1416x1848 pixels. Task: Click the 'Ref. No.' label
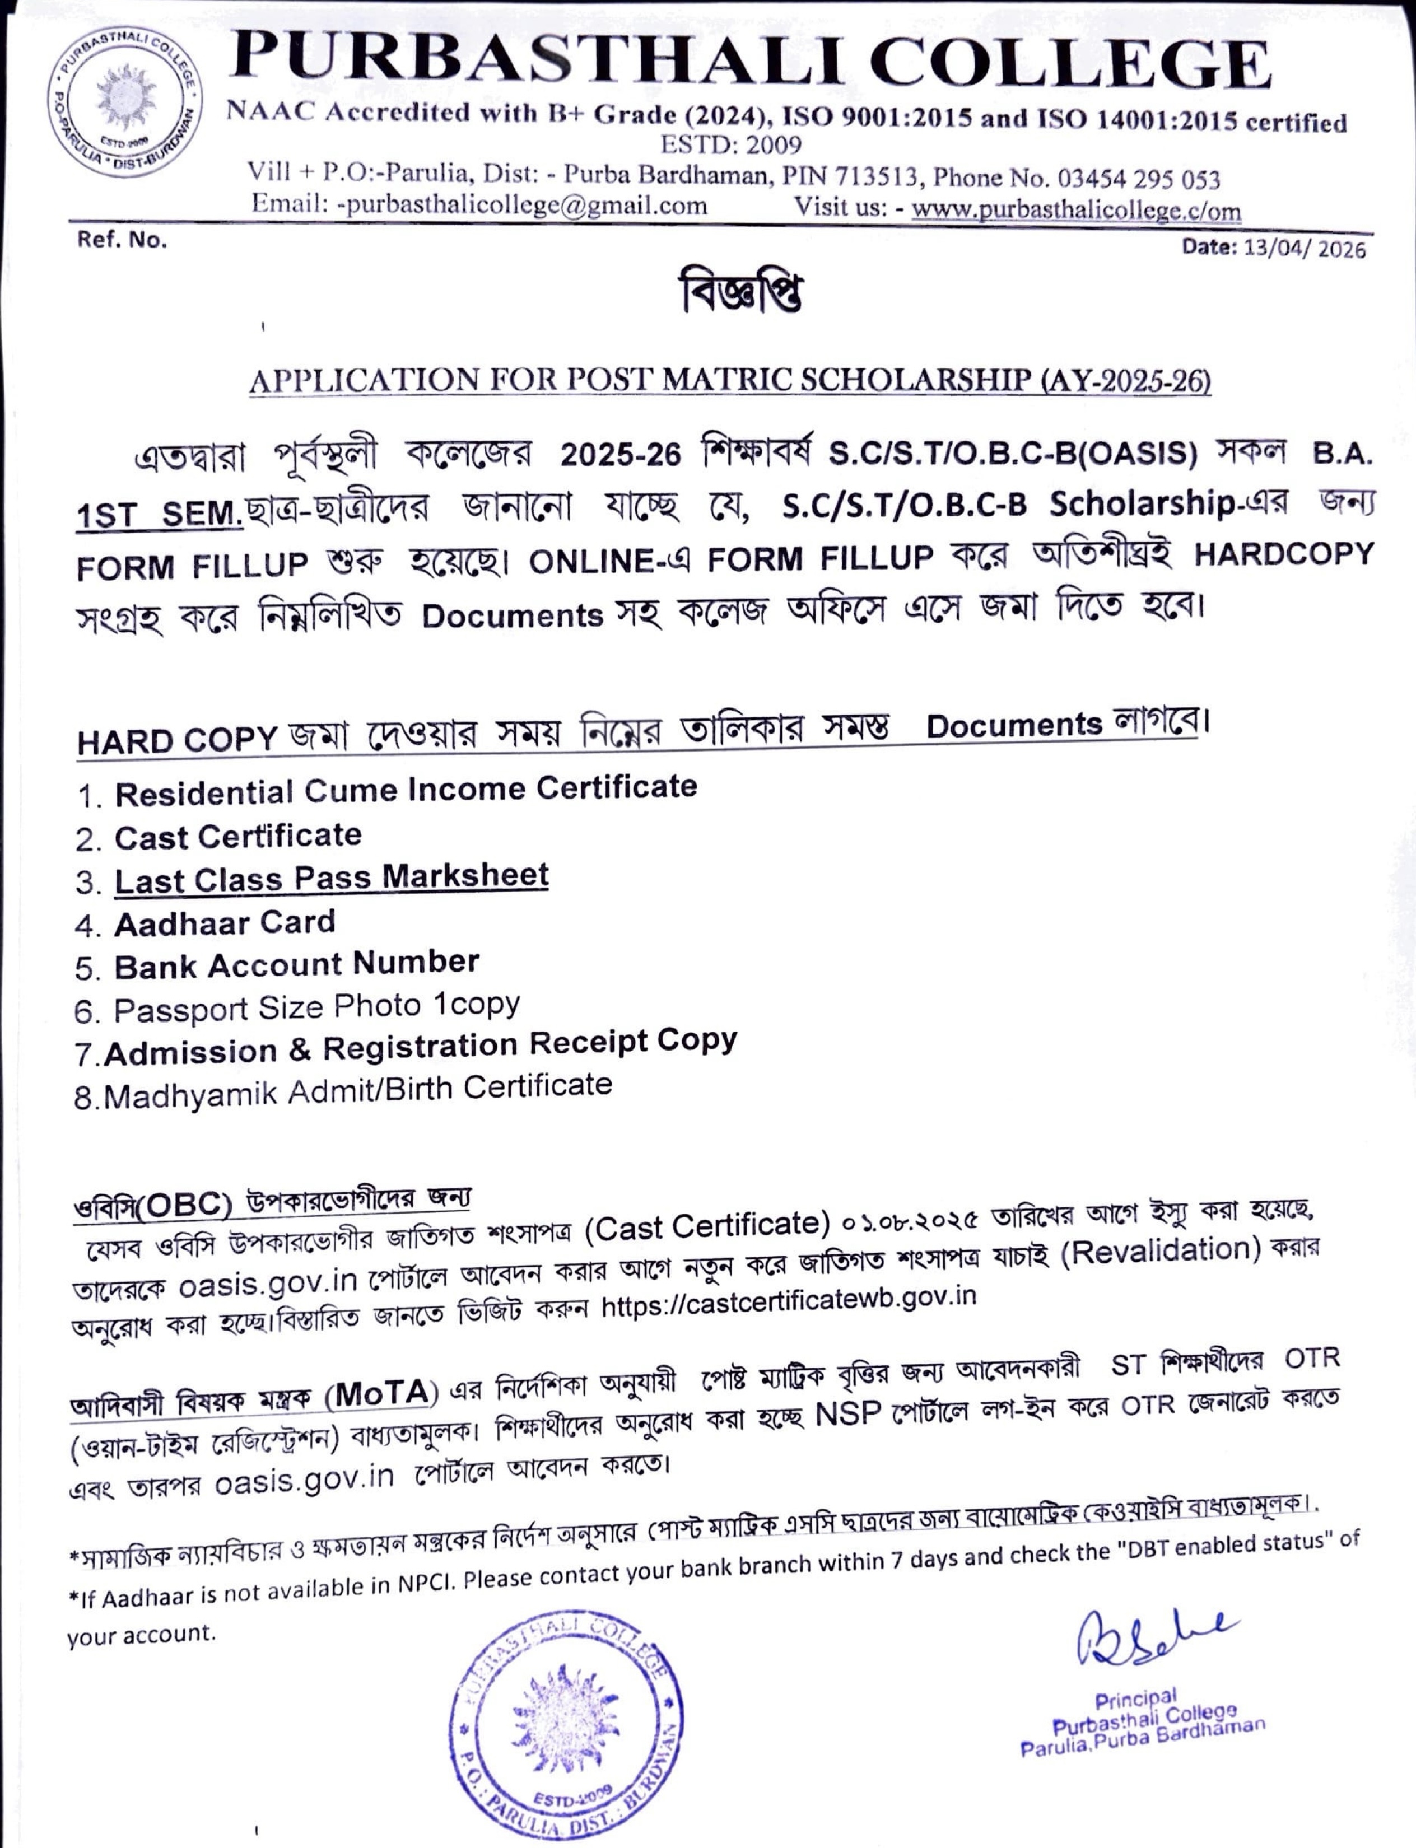(x=122, y=240)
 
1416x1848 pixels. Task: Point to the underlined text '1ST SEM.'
(x=159, y=514)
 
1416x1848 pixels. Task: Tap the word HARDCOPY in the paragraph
(x=1284, y=554)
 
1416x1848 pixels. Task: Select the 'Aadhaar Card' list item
(x=224, y=923)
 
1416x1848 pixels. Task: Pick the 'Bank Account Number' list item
(x=297, y=964)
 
